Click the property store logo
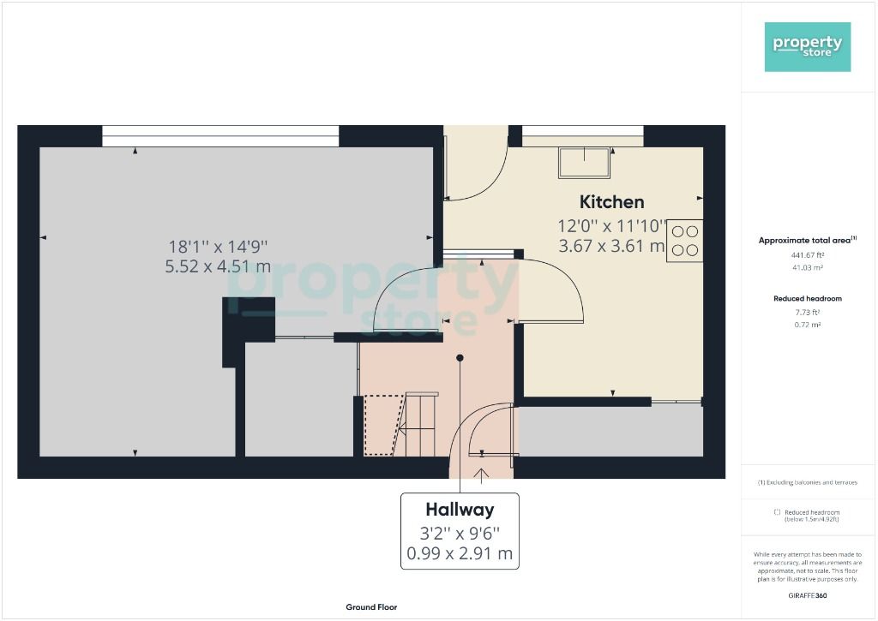pos(808,46)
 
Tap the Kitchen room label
pos(611,202)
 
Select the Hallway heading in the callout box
pos(460,510)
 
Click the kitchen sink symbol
pos(586,162)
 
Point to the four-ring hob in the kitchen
pos(684,241)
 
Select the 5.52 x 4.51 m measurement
pos(218,266)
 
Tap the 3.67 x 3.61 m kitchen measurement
pos(611,247)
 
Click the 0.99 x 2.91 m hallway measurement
pos(460,553)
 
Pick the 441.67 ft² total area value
pos(808,254)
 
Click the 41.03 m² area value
pos(808,268)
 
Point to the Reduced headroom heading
pos(808,299)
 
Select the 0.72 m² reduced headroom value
pos(808,326)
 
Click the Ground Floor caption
pos(371,607)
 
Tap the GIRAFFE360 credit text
pos(808,595)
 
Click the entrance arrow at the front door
pos(481,471)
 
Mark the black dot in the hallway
pos(460,357)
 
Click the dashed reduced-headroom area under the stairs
pos(380,424)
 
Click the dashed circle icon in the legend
pos(777,511)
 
